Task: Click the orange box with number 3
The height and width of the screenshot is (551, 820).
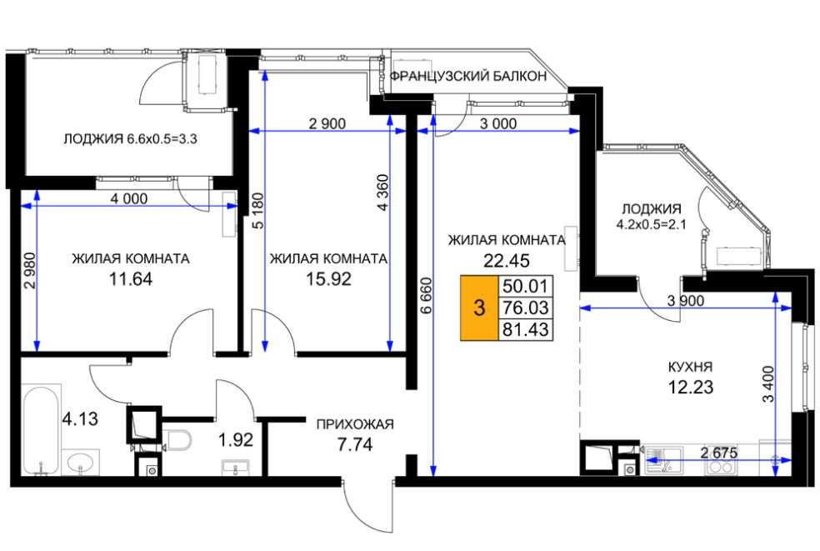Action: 479,308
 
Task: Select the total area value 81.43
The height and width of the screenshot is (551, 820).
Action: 525,329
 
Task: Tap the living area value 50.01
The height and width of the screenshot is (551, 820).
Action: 525,286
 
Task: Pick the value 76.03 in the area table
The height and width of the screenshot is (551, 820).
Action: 525,308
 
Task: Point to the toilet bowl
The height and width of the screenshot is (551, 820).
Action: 177,440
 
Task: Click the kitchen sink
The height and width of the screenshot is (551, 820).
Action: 662,460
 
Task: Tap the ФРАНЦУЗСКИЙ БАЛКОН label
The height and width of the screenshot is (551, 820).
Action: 468,77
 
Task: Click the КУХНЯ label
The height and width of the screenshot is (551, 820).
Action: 690,367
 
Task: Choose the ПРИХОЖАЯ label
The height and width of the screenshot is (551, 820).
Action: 355,424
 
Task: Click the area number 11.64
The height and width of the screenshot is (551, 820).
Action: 131,279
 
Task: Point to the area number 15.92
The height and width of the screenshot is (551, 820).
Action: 328,279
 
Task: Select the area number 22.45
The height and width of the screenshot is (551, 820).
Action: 506,260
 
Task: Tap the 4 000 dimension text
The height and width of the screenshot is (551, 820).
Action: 129,199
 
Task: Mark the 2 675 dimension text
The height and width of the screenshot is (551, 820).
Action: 719,453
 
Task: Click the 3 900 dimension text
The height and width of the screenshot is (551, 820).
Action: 686,301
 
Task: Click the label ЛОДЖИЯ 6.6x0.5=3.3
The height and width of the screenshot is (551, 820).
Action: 130,139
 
